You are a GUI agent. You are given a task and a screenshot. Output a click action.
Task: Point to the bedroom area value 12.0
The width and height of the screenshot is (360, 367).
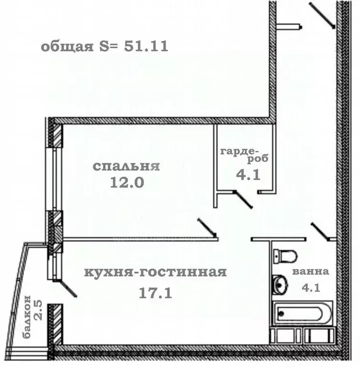coord(127,183)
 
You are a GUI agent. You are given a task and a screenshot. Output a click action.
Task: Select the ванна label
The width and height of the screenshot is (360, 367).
coord(310,272)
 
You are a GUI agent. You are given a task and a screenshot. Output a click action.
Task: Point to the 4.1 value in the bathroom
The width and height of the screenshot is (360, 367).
coord(311,288)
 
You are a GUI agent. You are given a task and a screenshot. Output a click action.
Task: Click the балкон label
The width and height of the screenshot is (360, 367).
coord(28,316)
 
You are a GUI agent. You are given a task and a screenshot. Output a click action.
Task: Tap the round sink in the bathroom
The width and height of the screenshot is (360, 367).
coord(280,285)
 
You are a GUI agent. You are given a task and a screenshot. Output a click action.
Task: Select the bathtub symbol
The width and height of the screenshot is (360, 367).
coord(302,313)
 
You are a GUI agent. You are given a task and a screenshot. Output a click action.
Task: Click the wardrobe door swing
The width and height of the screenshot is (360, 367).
coord(243,200)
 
